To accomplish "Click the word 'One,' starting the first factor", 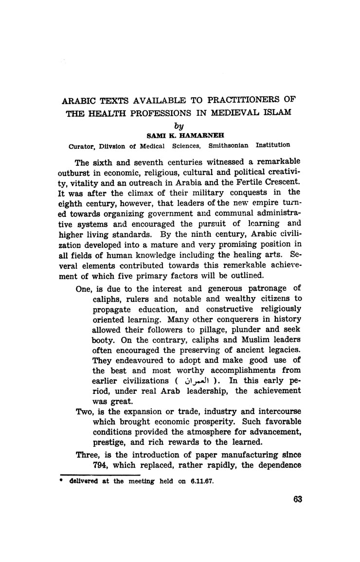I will (x=85, y=288).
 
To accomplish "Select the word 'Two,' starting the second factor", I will (x=86, y=411).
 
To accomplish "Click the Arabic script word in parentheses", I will (x=194, y=380).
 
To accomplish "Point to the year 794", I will (x=101, y=466).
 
